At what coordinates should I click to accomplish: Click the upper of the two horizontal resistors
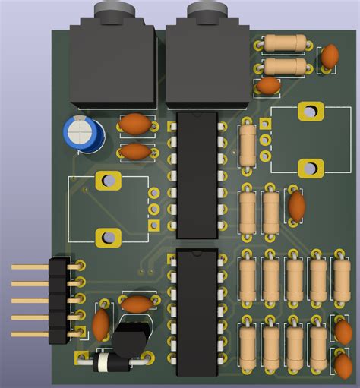click(285, 43)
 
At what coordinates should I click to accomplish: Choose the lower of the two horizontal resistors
click(285, 67)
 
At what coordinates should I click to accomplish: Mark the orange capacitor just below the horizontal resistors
click(268, 85)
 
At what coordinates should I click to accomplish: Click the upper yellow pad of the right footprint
click(310, 112)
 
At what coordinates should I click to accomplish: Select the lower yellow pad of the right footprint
click(310, 168)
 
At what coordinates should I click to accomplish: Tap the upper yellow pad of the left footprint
click(109, 181)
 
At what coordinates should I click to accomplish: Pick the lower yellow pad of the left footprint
click(108, 237)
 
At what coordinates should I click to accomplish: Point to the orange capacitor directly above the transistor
click(137, 304)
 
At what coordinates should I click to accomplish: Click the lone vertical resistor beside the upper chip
click(247, 143)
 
